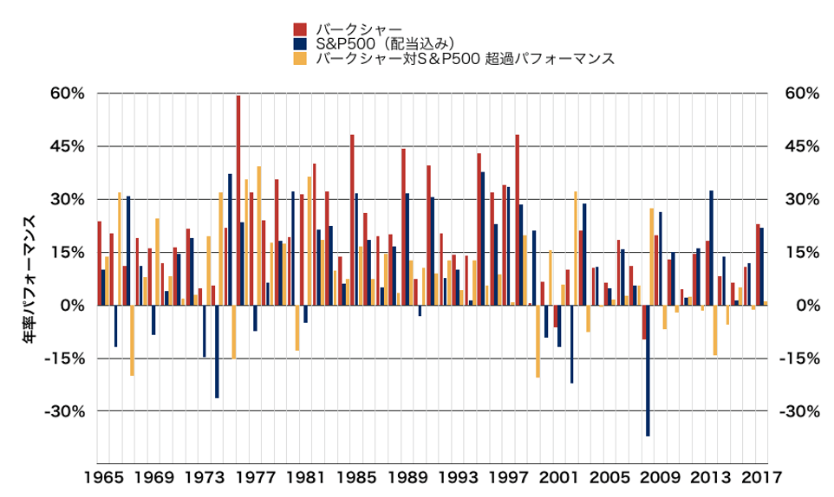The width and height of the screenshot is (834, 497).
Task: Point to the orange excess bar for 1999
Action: [x=538, y=341]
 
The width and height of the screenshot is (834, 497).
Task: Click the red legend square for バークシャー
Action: [x=300, y=28]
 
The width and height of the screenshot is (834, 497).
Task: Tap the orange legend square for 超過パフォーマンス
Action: [x=300, y=59]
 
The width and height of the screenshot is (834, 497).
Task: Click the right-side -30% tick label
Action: [x=800, y=411]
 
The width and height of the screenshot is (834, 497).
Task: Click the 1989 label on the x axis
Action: [x=406, y=476]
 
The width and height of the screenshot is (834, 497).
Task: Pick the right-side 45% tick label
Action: [x=800, y=146]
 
